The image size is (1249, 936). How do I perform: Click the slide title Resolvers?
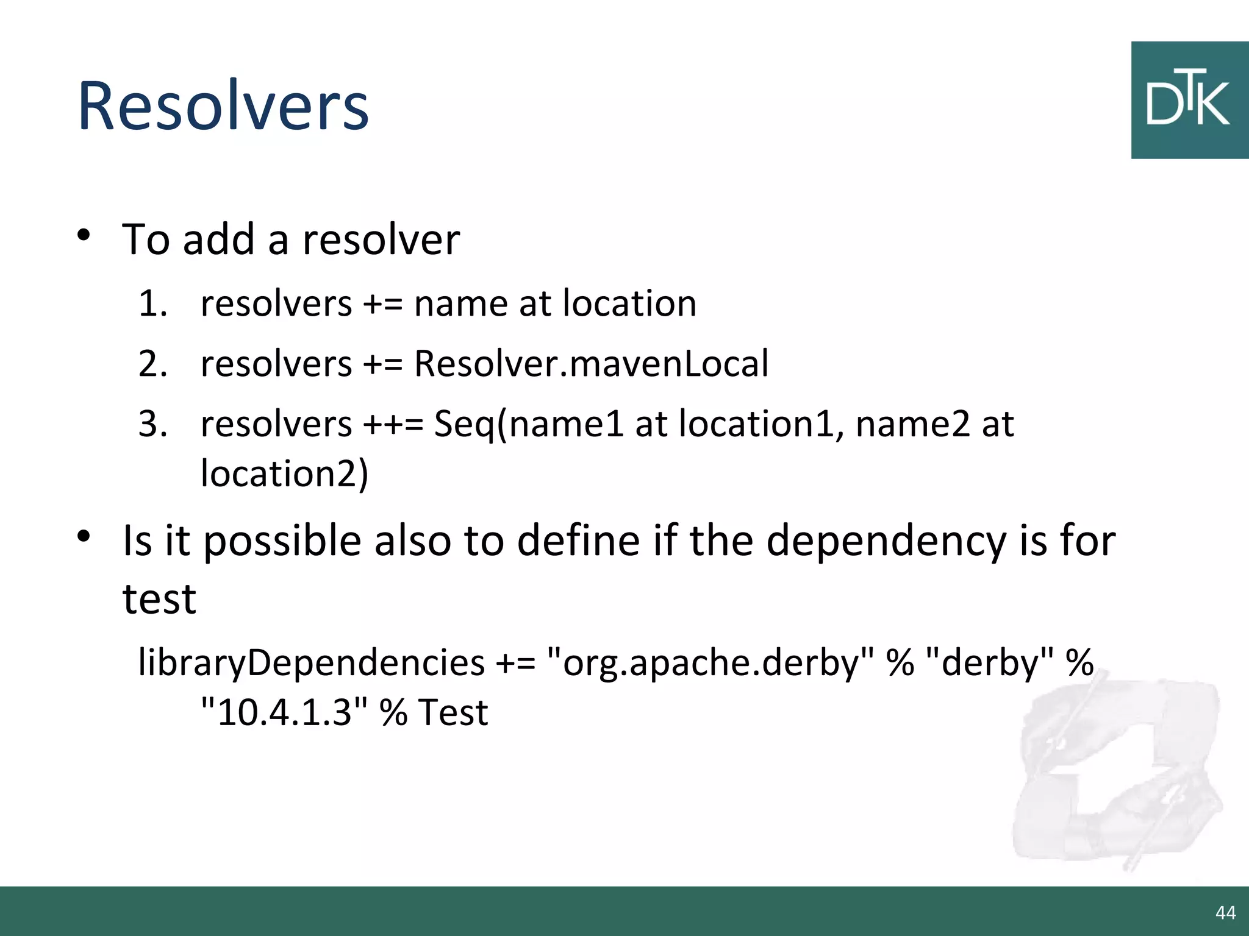(x=223, y=106)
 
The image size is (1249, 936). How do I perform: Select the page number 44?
(x=1225, y=912)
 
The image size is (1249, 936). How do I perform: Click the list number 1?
(x=152, y=303)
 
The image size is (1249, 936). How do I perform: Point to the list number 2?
(x=152, y=364)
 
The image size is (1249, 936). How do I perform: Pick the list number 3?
(x=152, y=424)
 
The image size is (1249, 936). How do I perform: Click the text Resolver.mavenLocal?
(x=591, y=364)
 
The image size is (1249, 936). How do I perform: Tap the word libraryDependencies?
(x=311, y=662)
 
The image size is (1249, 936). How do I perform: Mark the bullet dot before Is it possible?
(x=84, y=536)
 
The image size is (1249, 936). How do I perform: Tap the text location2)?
(x=284, y=473)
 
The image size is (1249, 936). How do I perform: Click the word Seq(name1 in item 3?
(x=529, y=424)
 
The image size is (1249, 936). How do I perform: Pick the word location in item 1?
(x=629, y=303)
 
